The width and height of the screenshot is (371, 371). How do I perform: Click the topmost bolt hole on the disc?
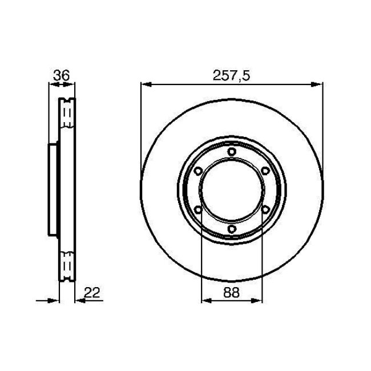(232, 151)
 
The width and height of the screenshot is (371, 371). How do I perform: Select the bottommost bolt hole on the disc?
(232, 229)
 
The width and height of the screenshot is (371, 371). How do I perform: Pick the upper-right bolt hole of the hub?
(265, 171)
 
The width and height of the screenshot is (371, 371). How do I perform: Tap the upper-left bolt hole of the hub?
(198, 171)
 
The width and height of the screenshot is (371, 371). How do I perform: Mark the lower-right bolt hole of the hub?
(265, 210)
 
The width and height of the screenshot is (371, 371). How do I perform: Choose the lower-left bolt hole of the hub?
(198, 210)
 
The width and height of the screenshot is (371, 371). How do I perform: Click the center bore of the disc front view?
(232, 190)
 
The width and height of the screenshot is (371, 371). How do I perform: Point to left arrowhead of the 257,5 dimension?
(144, 85)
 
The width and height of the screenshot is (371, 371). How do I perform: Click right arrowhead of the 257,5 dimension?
(319, 85)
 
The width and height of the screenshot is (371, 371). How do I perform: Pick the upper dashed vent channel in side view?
(67, 117)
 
